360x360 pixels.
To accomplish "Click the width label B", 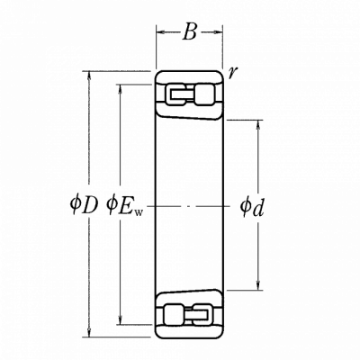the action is [190, 31].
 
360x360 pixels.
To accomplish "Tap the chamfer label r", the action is [231, 73].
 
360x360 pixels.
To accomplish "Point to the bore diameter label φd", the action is [251, 207].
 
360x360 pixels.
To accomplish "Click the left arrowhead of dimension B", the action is [160, 31].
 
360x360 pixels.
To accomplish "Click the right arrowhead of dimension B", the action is [219, 31].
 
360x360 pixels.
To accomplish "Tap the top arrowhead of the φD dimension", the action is [89, 76].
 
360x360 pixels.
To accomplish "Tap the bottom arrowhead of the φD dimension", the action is [89, 332].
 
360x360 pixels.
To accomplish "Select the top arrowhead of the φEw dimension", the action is [121, 88].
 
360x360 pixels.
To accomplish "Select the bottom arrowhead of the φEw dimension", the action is [121, 320].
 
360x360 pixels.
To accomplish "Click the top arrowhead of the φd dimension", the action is [258, 124].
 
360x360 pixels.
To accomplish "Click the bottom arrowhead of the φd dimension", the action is [258, 286].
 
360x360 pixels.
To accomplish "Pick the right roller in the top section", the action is [204, 94].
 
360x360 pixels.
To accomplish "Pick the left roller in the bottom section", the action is [175, 314].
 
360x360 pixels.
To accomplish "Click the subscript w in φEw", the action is [139, 212].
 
